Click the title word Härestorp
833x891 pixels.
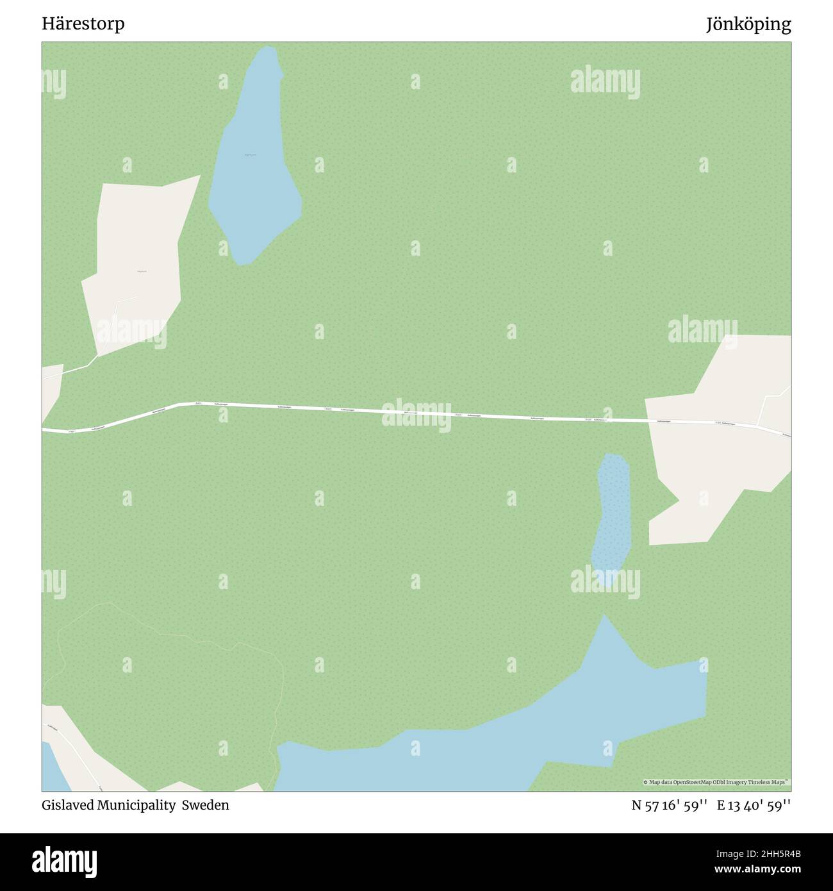point(83,24)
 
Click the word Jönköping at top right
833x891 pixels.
point(748,24)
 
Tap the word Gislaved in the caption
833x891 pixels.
point(67,805)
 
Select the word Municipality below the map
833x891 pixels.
point(136,805)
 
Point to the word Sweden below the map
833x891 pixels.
point(205,805)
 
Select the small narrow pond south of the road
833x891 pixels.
point(612,513)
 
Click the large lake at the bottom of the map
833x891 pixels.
point(513,737)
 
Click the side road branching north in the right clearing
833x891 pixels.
point(765,404)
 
